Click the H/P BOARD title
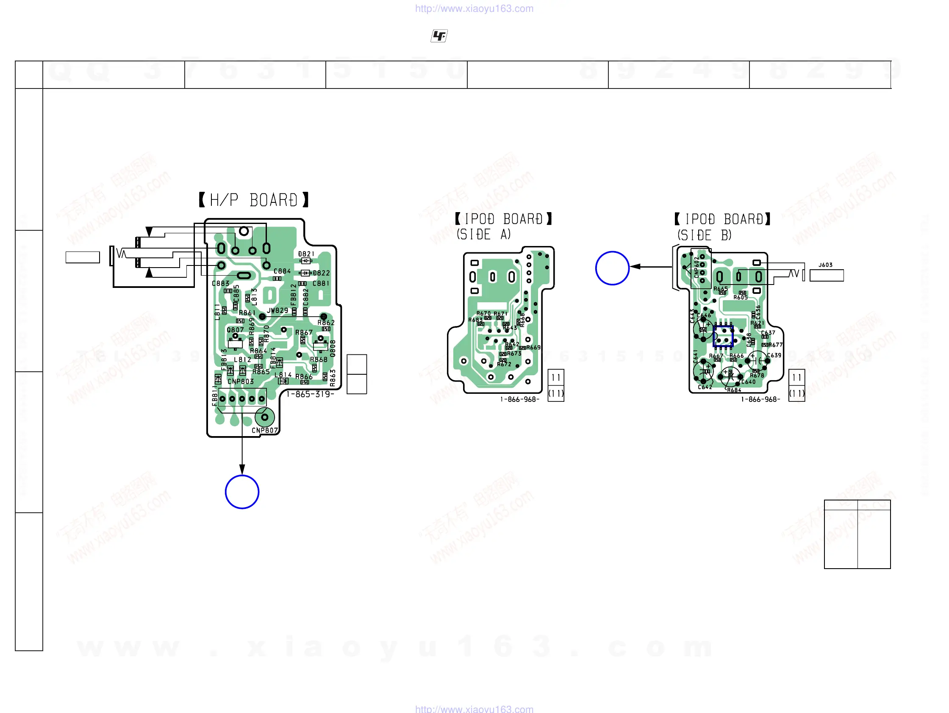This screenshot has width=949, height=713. point(253,200)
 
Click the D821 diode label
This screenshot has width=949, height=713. point(306,254)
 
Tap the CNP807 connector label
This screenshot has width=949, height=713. point(265,431)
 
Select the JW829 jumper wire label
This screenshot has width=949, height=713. point(277,310)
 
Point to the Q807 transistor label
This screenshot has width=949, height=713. point(235,330)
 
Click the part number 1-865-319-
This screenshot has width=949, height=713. point(310,394)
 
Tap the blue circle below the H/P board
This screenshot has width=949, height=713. point(242,492)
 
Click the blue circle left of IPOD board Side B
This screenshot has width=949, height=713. point(612,268)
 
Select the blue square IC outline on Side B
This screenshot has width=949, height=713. point(723,336)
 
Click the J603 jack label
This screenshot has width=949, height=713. point(825,265)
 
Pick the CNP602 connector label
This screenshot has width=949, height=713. point(696,267)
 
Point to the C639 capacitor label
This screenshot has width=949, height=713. point(774,355)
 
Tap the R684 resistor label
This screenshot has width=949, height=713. point(734,390)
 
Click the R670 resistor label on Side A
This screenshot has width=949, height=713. point(483,313)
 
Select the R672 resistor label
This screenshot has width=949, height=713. point(504,364)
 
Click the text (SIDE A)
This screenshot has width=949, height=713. point(483,235)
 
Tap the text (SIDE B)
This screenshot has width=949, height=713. point(705,235)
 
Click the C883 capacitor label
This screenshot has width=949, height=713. point(221,283)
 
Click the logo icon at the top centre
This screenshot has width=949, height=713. point(439,36)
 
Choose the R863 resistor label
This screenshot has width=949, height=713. point(333,378)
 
